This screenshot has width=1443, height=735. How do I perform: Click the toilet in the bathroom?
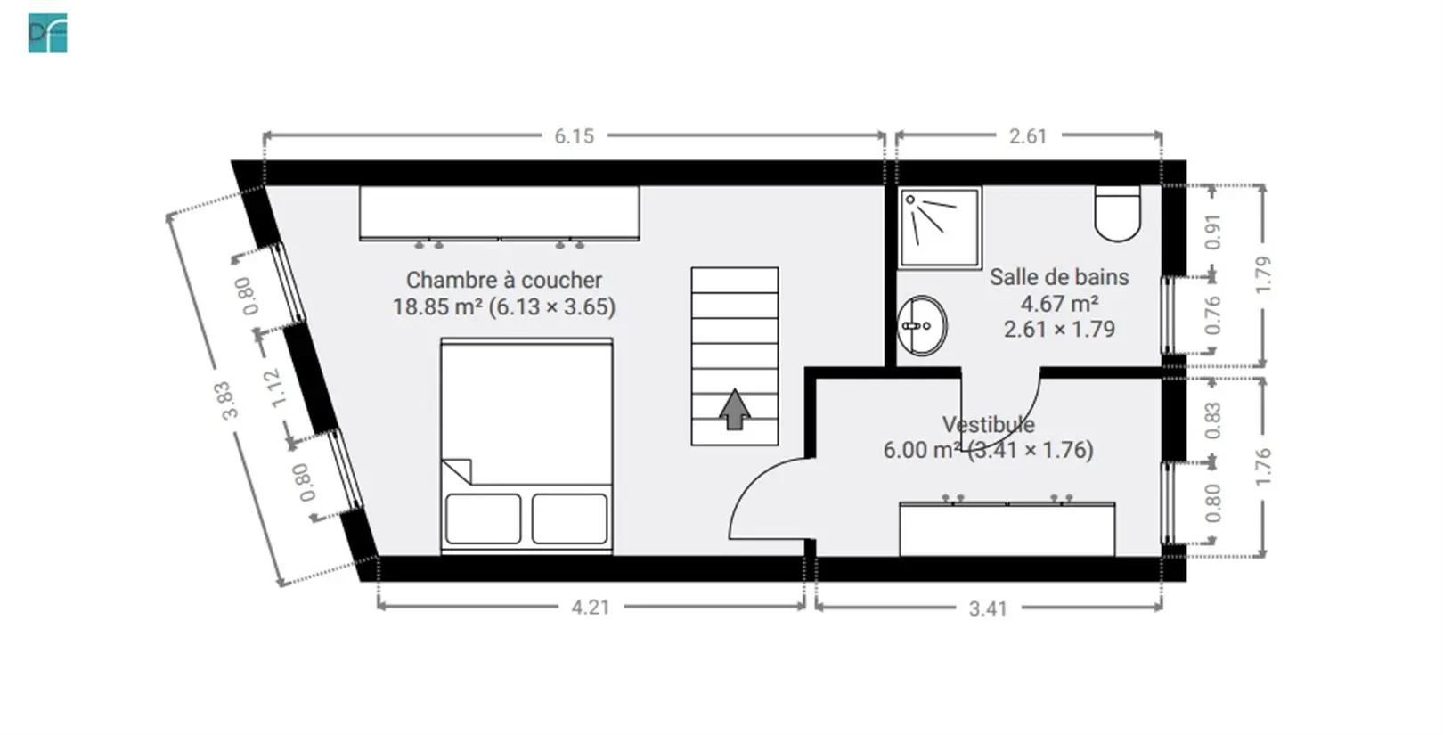pyautogui.click(x=1118, y=213)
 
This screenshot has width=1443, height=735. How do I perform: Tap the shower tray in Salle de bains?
pyautogui.click(x=941, y=227)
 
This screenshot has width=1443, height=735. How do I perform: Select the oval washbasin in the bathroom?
pyautogui.click(x=922, y=326)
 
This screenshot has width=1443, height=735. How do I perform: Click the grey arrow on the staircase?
pyautogui.click(x=734, y=409)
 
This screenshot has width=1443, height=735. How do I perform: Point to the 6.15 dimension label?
pyautogui.click(x=574, y=136)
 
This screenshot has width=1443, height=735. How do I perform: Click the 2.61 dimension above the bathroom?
pyautogui.click(x=1028, y=136)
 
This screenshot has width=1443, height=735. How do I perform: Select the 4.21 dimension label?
pyautogui.click(x=591, y=608)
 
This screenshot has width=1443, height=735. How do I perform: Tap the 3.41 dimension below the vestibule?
pyautogui.click(x=988, y=608)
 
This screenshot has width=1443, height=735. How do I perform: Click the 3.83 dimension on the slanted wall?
pyautogui.click(x=230, y=401)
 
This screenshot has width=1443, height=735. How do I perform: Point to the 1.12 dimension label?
pyautogui.click(x=276, y=388)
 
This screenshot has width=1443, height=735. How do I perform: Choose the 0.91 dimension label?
pyautogui.click(x=1212, y=232)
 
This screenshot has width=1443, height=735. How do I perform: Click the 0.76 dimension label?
pyautogui.click(x=1212, y=315)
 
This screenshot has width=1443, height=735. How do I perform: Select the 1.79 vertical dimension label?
pyautogui.click(x=1263, y=275)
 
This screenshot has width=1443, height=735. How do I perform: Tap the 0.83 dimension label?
pyautogui.click(x=1212, y=421)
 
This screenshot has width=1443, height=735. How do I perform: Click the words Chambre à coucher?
pyautogui.click(x=504, y=281)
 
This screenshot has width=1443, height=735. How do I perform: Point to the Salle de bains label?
pyautogui.click(x=1059, y=277)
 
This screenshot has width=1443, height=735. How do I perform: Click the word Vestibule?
pyautogui.click(x=988, y=424)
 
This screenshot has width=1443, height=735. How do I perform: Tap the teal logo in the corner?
pyautogui.click(x=48, y=33)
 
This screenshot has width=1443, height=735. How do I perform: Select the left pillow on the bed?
pyautogui.click(x=483, y=519)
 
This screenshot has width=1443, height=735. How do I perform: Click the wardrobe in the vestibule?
pyautogui.click(x=1007, y=528)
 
